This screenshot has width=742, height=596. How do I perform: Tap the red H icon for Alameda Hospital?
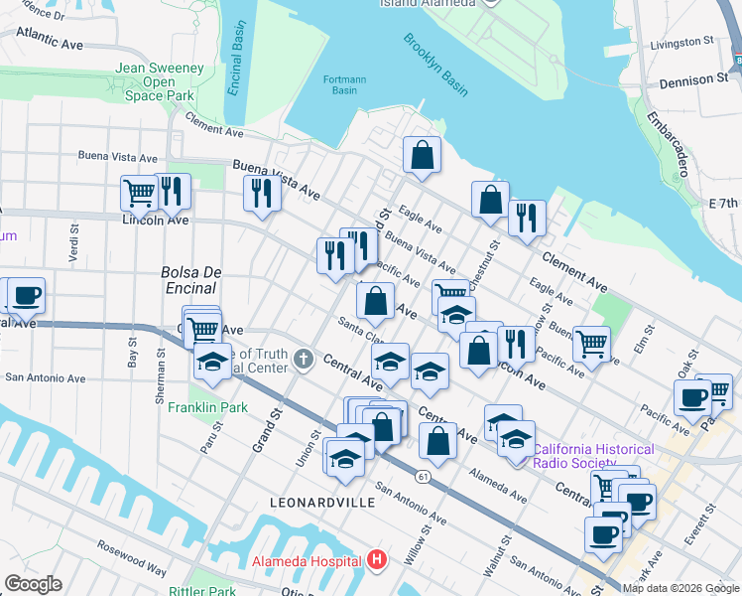(376, 559)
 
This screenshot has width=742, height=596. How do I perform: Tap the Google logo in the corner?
(33, 583)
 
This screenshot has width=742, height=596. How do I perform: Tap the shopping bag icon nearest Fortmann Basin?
(422, 155)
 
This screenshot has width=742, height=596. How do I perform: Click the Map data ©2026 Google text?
(680, 588)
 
